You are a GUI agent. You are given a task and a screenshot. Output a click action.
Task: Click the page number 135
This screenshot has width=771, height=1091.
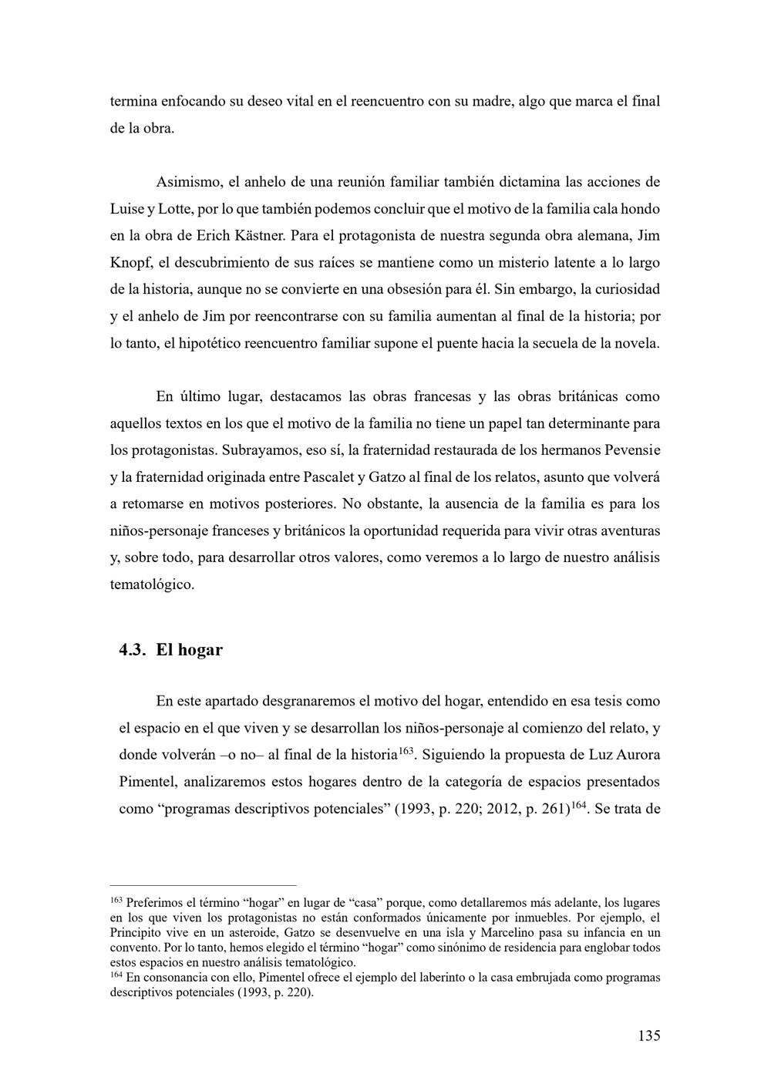(x=648, y=1035)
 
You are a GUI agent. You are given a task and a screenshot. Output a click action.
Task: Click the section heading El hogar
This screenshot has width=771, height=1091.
(x=189, y=649)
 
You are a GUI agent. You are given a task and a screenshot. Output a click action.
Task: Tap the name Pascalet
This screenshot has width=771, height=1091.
(x=329, y=476)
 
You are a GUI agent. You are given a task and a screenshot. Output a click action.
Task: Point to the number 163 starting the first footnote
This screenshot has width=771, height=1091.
(x=116, y=901)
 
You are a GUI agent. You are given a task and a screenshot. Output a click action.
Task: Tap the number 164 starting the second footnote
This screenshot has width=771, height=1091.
(x=116, y=975)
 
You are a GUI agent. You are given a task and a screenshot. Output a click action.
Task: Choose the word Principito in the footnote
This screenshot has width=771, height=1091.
(x=136, y=932)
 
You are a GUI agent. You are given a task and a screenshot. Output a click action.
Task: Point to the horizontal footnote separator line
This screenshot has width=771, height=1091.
(x=203, y=886)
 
